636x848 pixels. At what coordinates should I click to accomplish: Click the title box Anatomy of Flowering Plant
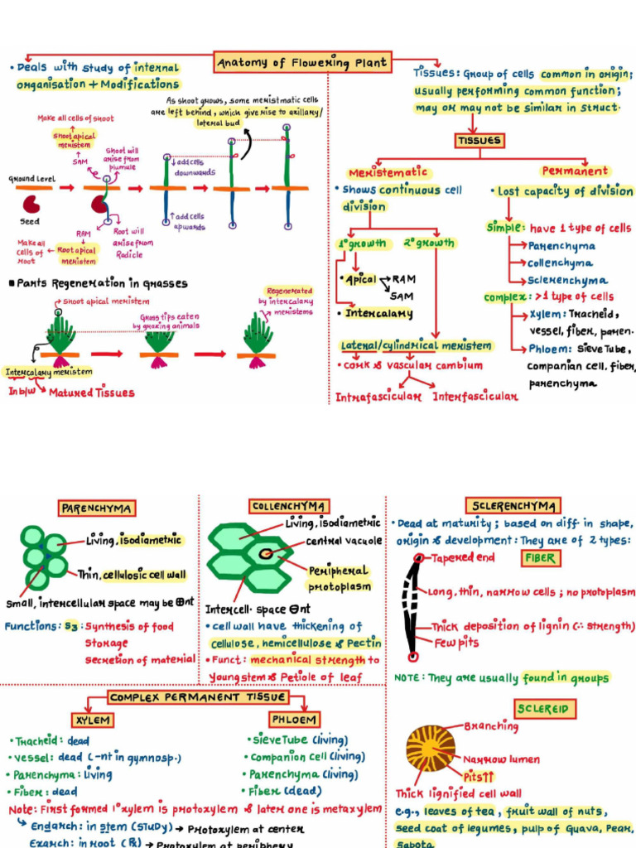pos(301,62)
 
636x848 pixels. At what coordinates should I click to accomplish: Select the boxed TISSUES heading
pos(479,140)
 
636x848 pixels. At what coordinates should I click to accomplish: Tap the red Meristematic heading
pos(388,172)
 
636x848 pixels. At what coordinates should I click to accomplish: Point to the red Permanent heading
pos(575,171)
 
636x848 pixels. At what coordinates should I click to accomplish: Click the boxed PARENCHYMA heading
pos(98,508)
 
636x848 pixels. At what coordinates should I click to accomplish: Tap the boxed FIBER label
pos(538,558)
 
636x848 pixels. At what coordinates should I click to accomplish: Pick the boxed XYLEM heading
pos(91,720)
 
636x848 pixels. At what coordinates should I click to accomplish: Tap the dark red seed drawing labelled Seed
pos(31,204)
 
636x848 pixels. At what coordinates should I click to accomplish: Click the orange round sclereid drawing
pos(431,748)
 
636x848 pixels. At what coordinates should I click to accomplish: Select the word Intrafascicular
pos(378,397)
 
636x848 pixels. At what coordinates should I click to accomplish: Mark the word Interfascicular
pos(475,397)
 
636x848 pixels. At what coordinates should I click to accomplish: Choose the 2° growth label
pos(428,243)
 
